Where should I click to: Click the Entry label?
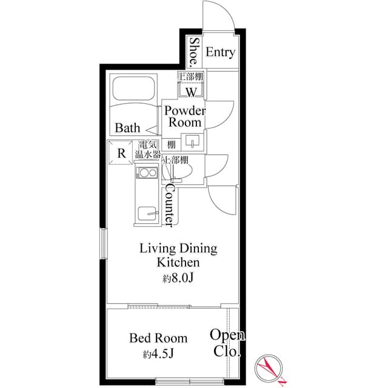click(219, 53)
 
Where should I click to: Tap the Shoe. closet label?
click(195, 52)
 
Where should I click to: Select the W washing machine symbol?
click(191, 92)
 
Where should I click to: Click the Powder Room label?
click(185, 116)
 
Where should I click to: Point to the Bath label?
click(128, 128)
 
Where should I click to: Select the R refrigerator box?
click(121, 153)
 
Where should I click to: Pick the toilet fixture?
click(181, 172)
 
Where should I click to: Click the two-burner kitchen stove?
click(146, 175)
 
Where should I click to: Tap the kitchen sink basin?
click(147, 213)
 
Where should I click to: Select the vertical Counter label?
click(169, 206)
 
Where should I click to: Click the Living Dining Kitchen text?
click(178, 255)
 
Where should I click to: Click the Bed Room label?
click(159, 338)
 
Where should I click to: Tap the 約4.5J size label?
click(159, 353)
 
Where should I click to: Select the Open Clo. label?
click(227, 343)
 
